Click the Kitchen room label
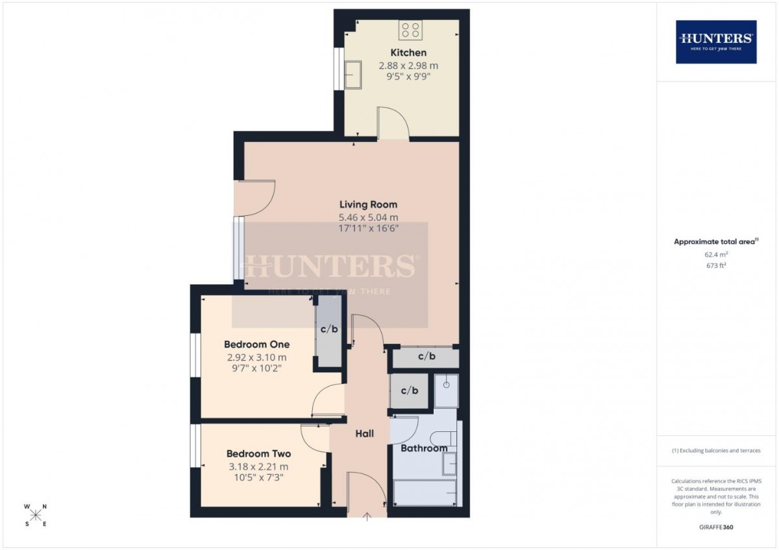(x=408, y=53)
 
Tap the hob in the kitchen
(x=410, y=30)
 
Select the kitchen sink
(x=353, y=75)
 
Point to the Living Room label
(x=368, y=204)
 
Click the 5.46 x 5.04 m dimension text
(x=368, y=217)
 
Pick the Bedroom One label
(x=256, y=344)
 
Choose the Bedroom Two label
(x=259, y=454)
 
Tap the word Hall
(x=364, y=433)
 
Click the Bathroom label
(x=424, y=448)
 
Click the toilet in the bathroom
(x=443, y=438)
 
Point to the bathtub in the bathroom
(x=425, y=493)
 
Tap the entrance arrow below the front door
(x=367, y=517)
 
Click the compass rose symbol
(x=36, y=515)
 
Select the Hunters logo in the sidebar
(x=716, y=42)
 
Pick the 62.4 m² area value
(x=716, y=254)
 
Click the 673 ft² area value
(x=716, y=265)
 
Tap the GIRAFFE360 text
(x=716, y=527)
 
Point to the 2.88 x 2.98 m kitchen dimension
(x=408, y=66)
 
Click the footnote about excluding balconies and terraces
(x=716, y=451)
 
